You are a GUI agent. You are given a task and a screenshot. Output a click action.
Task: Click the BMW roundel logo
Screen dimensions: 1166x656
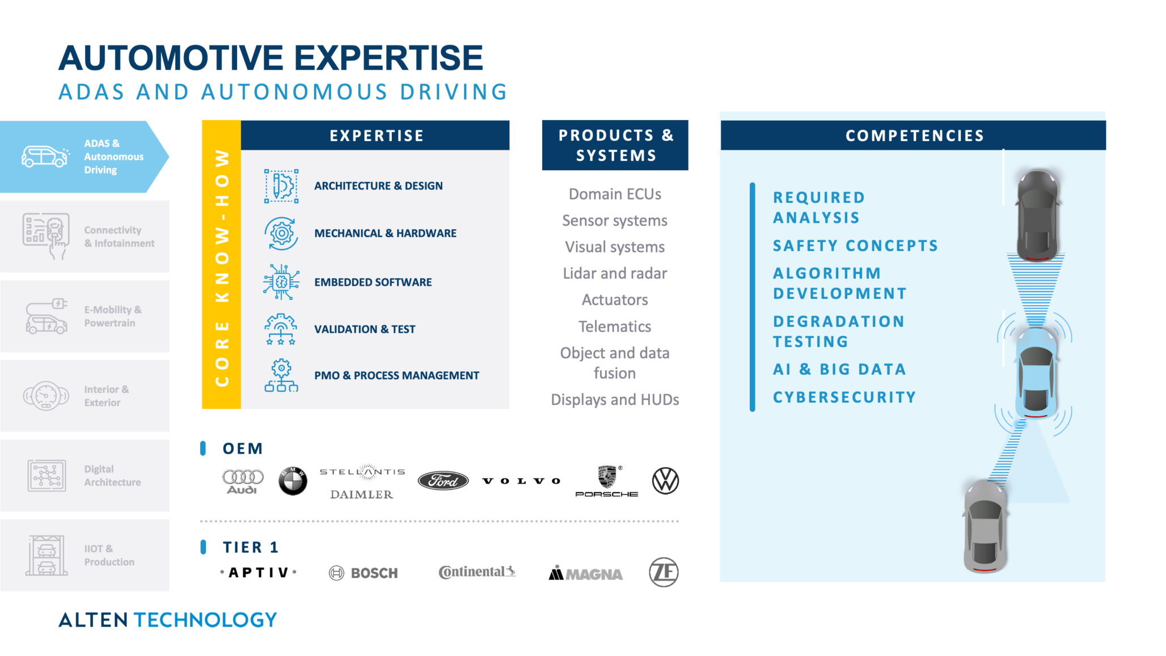[x=293, y=481]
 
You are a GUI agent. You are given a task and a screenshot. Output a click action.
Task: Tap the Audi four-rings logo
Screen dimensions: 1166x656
[x=243, y=481]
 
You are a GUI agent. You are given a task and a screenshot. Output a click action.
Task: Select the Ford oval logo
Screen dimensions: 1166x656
[x=443, y=481]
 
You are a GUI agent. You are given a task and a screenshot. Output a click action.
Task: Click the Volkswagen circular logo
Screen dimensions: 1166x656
[x=665, y=481]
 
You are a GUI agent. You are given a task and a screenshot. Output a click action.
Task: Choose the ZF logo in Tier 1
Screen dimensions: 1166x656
[x=664, y=572]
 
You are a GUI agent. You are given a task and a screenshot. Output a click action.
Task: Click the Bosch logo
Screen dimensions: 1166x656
[x=364, y=573]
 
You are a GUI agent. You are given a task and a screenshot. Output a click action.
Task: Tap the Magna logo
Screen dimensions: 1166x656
[x=585, y=573]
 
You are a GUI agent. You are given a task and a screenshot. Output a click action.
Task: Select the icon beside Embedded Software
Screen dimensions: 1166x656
[x=281, y=282]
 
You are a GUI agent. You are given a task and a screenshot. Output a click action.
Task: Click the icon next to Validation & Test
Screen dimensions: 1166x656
[x=281, y=329]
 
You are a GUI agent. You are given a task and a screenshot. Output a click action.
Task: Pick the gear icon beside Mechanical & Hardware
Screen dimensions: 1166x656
[x=281, y=233]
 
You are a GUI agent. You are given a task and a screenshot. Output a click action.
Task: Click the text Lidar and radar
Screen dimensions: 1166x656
[x=615, y=273]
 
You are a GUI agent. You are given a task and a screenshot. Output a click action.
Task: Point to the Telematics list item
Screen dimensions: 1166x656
[x=615, y=327]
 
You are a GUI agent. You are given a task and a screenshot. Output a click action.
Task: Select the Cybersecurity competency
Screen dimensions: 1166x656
[x=844, y=397]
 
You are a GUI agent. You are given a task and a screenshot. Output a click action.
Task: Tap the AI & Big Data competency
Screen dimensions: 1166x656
[x=839, y=369]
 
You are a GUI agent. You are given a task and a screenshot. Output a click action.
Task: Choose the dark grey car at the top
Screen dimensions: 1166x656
[x=1038, y=215]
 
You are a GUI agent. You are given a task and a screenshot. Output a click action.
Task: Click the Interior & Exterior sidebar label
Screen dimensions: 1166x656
[x=107, y=396]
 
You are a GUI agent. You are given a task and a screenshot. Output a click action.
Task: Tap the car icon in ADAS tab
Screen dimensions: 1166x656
[x=45, y=156]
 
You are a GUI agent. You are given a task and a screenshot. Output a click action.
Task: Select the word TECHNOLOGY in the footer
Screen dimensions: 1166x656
[x=205, y=620]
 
